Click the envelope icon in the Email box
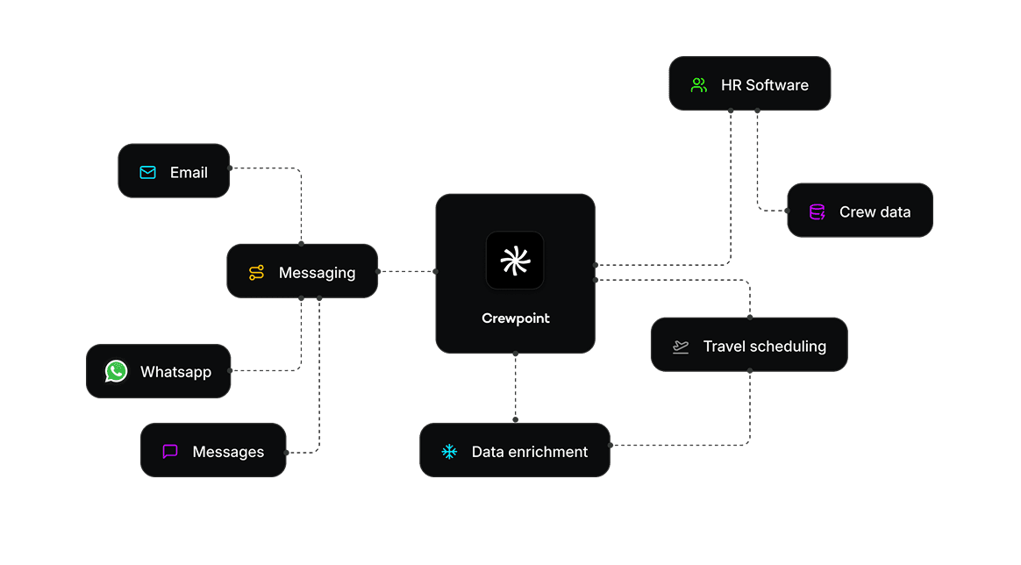pyautogui.click(x=147, y=172)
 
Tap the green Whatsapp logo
pyautogui.click(x=116, y=371)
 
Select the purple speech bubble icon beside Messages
pyautogui.click(x=170, y=452)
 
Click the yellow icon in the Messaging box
pyautogui.click(x=256, y=273)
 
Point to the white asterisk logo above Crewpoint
pyautogui.click(x=515, y=261)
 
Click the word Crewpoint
pyautogui.click(x=516, y=318)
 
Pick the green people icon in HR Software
pyautogui.click(x=699, y=85)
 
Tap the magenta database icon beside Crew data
pyautogui.click(x=817, y=211)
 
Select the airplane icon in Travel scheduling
pyautogui.click(x=681, y=347)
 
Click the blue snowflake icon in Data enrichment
pyautogui.click(x=449, y=452)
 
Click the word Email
pyautogui.click(x=189, y=172)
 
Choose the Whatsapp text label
pyautogui.click(x=175, y=372)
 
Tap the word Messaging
pyautogui.click(x=317, y=273)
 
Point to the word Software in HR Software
pyautogui.click(x=777, y=85)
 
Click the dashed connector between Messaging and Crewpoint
pyautogui.click(x=407, y=272)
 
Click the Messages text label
pyautogui.click(x=228, y=452)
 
